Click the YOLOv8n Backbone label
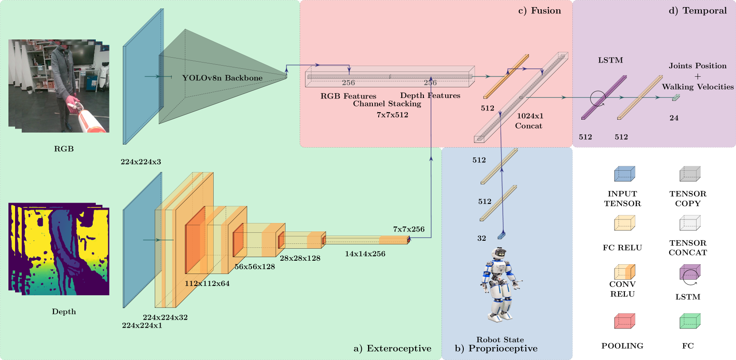click(222, 78)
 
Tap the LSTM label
click(610, 60)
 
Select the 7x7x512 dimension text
click(392, 115)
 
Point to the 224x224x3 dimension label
click(141, 162)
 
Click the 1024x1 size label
click(530, 116)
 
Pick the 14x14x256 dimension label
click(365, 254)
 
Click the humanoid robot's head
click(499, 253)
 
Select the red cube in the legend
click(625, 321)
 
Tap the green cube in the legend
click(690, 321)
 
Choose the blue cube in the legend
click(625, 174)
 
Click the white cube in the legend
click(690, 223)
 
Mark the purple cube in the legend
click(690, 272)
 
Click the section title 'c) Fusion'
click(540, 11)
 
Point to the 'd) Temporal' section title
click(697, 11)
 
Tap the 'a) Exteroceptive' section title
click(392, 348)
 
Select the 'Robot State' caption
click(500, 340)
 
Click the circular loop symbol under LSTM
click(598, 98)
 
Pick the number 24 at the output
click(674, 118)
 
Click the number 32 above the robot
click(482, 238)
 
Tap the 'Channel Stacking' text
click(387, 104)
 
